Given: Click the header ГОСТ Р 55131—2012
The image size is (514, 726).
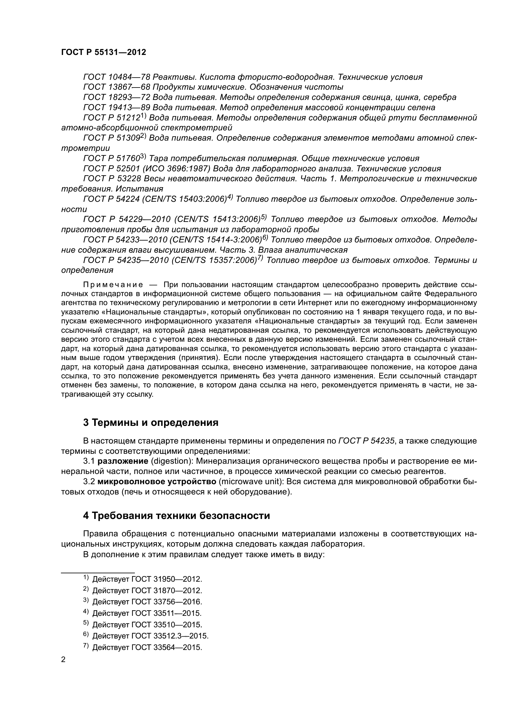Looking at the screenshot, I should point(103,52).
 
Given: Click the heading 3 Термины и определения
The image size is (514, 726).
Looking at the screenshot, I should point(150,422).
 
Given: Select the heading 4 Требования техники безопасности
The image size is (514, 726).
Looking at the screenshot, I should point(176,516).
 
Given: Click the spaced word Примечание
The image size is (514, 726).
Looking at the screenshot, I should point(113,285).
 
